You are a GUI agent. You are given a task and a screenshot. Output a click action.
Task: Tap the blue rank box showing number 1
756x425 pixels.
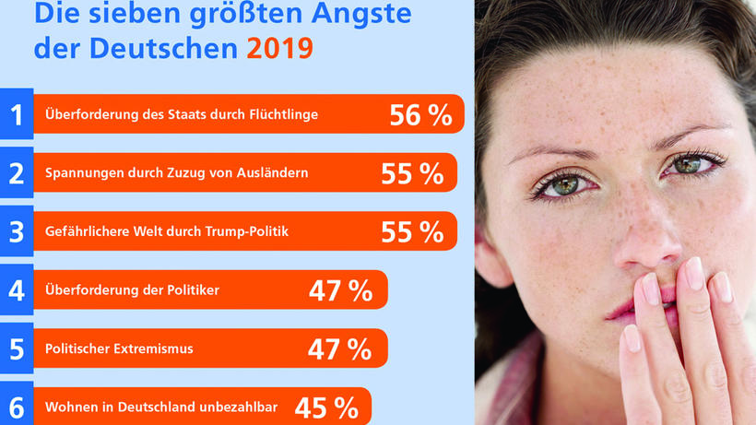(x=16, y=115)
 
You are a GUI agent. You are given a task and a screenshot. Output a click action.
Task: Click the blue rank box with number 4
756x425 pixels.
(x=16, y=290)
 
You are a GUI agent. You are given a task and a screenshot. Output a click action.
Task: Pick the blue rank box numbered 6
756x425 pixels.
(x=16, y=405)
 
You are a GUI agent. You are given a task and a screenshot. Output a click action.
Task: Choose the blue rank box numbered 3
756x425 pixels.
(x=16, y=232)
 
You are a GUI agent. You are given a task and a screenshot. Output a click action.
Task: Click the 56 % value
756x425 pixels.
(x=420, y=115)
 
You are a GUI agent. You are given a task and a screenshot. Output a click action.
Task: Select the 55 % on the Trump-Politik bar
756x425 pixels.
(x=412, y=232)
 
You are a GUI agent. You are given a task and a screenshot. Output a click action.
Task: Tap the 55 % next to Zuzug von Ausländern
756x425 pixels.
(x=412, y=173)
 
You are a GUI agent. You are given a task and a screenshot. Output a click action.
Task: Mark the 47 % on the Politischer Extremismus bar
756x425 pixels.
(x=340, y=349)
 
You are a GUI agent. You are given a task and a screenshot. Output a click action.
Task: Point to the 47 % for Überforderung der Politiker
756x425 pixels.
(x=340, y=291)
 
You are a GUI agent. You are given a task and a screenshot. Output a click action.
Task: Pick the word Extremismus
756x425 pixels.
(x=153, y=349)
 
